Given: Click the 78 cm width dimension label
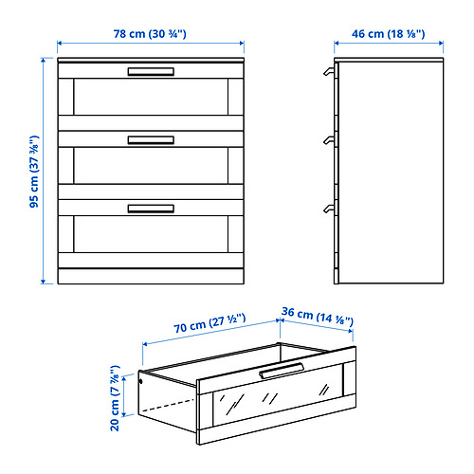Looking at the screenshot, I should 151,33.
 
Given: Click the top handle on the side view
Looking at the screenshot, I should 328,71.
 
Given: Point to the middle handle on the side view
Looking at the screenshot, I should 328,141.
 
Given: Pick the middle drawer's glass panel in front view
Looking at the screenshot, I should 151,167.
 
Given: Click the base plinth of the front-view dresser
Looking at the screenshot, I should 151,275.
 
